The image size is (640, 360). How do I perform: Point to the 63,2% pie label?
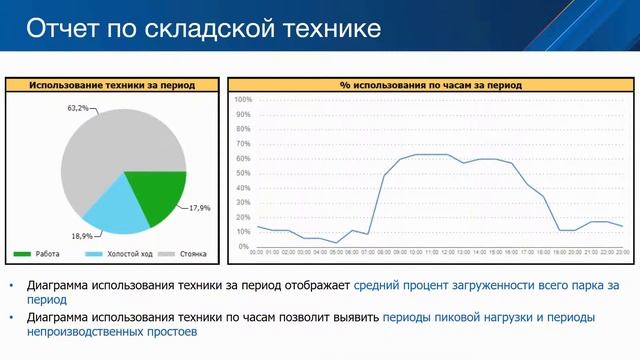click(78, 107)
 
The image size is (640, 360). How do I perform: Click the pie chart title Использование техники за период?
click(112, 85)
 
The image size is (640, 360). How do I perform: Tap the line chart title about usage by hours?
click(430, 85)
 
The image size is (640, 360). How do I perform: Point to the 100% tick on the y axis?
click(243, 100)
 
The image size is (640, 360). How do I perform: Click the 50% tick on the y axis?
click(244, 173)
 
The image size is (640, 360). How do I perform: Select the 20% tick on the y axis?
click(244, 217)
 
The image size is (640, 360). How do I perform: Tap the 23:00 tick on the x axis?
click(623, 253)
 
